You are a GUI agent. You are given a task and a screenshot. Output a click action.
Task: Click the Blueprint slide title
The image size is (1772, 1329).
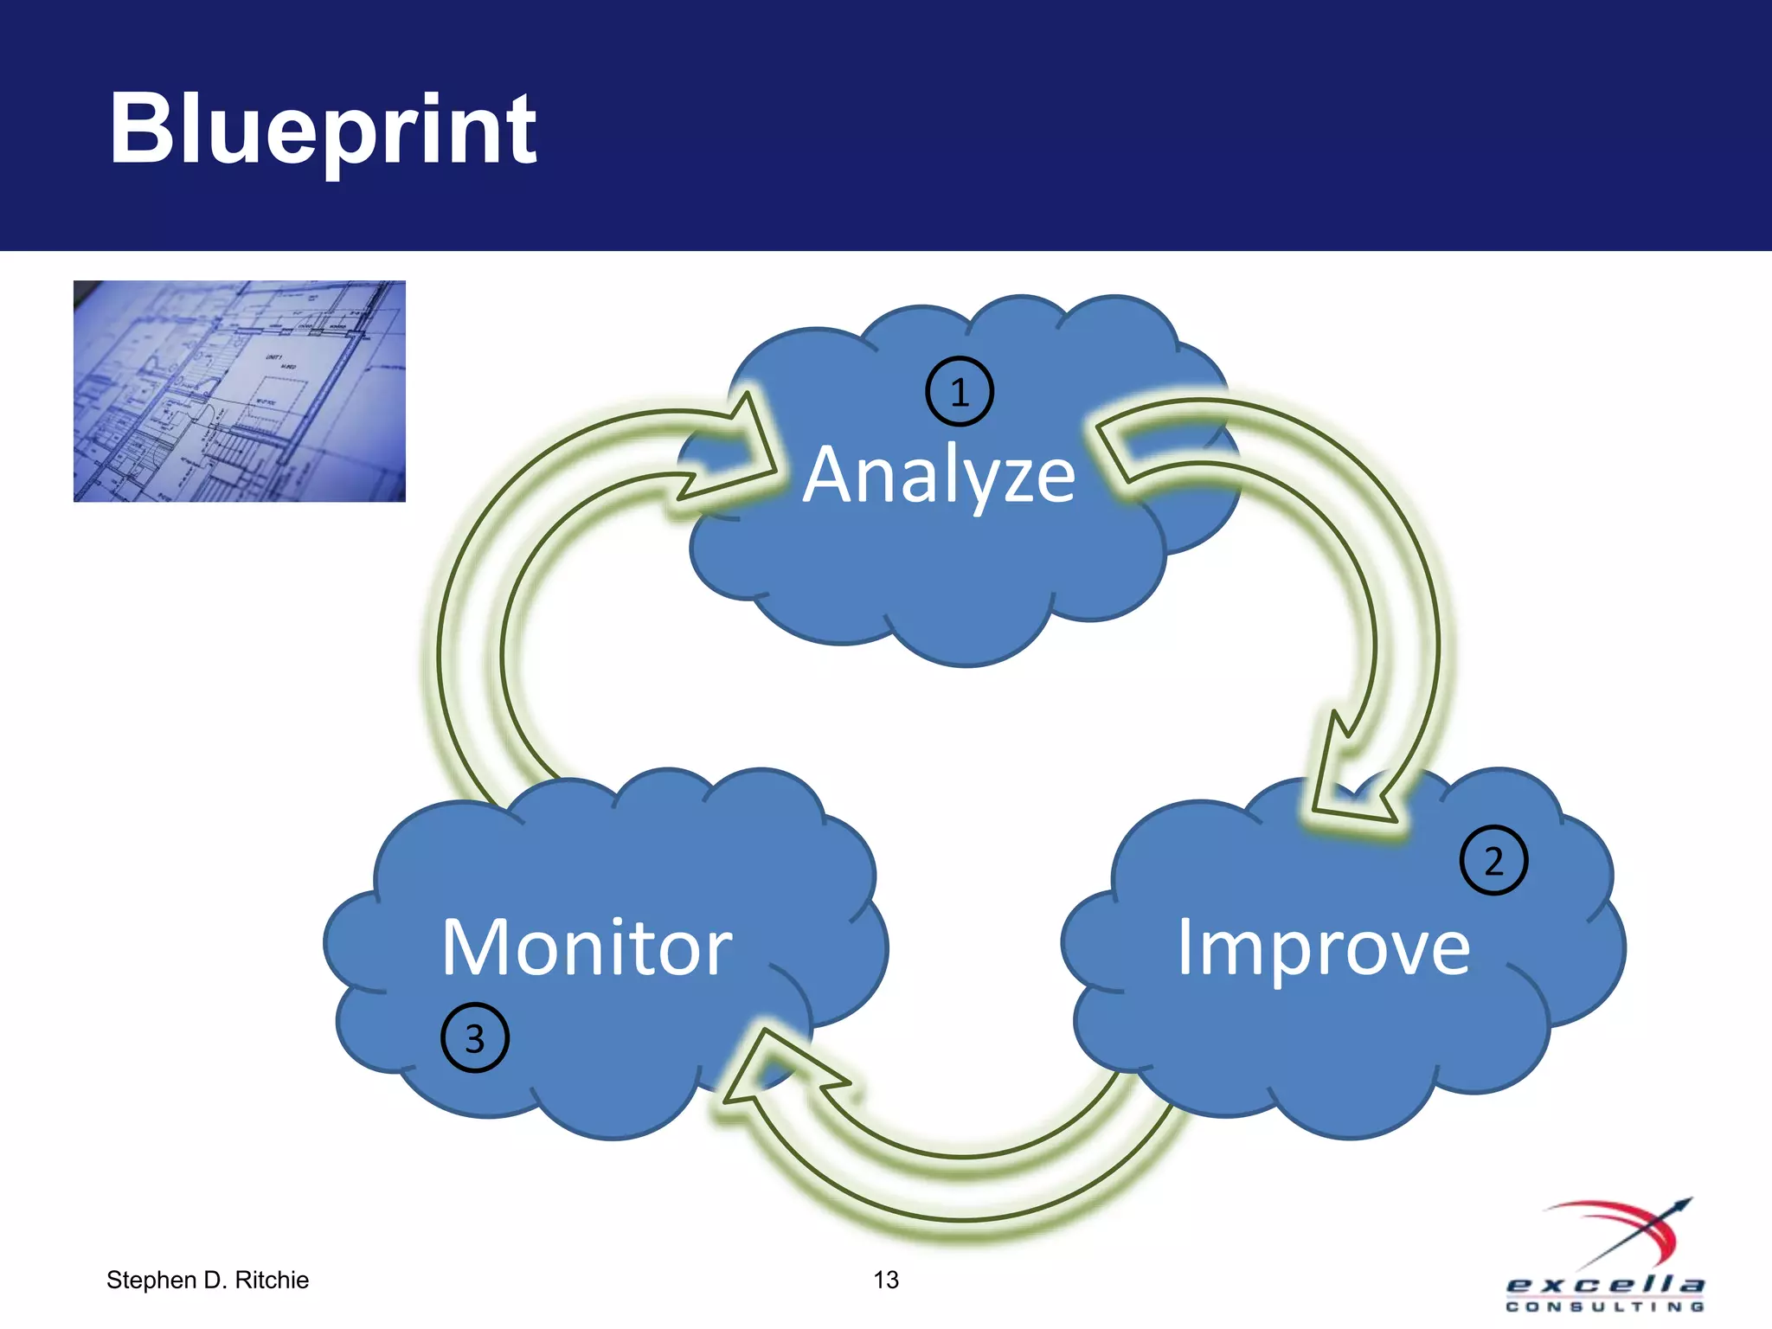[x=322, y=130]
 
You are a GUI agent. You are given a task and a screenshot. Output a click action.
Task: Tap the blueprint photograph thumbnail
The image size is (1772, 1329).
[x=240, y=391]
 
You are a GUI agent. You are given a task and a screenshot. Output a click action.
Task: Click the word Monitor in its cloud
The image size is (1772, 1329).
[x=587, y=947]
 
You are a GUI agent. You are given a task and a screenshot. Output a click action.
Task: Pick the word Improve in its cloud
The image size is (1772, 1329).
[x=1324, y=947]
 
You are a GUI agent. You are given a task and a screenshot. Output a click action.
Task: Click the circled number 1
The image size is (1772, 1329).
[x=960, y=392]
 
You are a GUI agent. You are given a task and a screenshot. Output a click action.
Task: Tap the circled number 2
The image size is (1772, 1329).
[x=1493, y=861]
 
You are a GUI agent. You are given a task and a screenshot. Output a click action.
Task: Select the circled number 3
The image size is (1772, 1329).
[x=475, y=1037]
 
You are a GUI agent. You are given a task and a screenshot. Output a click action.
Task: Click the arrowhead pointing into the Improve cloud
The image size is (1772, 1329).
[x=1350, y=779]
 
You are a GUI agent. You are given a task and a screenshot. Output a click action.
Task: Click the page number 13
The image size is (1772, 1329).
[x=886, y=1280]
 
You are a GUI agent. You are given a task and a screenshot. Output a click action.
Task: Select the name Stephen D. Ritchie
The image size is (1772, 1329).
[x=208, y=1280]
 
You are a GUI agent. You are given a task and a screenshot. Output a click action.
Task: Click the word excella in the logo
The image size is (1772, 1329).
[x=1605, y=1284]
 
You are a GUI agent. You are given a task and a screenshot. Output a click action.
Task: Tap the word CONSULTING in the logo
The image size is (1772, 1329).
[x=1605, y=1307]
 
